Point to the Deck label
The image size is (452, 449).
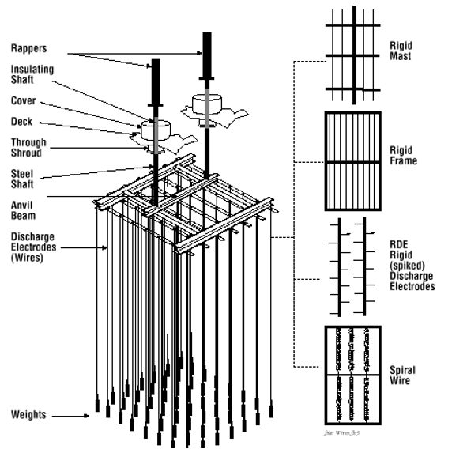pos(22,122)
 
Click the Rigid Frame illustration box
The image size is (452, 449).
pos(352,162)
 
